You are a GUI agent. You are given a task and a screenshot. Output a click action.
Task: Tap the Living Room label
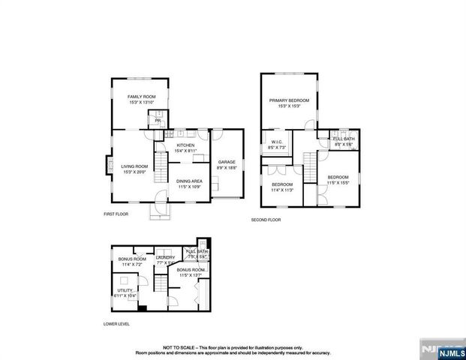coord(135,166)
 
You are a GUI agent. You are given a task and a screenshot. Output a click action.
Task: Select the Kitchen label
coord(185,145)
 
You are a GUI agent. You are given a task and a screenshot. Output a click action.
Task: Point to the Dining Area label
coord(188,181)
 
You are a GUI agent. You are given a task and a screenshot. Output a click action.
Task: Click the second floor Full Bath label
coord(344,139)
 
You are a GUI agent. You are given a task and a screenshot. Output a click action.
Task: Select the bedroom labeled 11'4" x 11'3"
coord(282,184)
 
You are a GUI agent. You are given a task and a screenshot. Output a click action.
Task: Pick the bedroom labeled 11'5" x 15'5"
coord(338,178)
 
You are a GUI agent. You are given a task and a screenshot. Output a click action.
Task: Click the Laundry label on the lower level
coord(165,257)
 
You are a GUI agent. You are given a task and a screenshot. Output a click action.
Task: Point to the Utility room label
coord(125,289)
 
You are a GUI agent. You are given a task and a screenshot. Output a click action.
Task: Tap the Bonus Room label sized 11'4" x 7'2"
coord(131,259)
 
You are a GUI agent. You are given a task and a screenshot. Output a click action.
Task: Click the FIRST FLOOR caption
coord(116,214)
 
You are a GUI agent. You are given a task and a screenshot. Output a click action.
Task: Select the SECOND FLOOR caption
coord(266,220)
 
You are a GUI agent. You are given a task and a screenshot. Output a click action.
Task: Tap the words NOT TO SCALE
coord(179,346)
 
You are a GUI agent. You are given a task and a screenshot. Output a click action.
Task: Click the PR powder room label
coord(158,120)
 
